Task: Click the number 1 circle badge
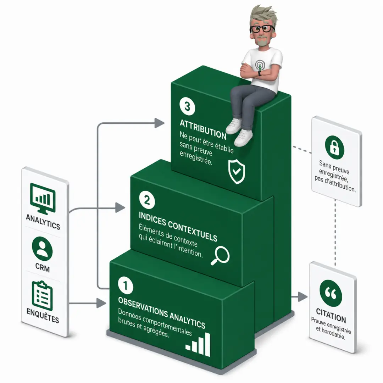[126, 285]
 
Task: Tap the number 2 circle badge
[147, 200]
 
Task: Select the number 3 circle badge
[187, 106]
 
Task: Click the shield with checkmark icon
[237, 172]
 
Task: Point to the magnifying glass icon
[220, 255]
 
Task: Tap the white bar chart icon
[198, 344]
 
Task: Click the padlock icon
[334, 147]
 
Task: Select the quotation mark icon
[331, 293]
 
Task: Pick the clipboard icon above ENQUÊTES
[42, 296]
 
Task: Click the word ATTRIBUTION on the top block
[203, 129]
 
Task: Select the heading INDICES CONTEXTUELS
[178, 227]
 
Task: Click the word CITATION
[331, 316]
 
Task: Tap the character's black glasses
[262, 29]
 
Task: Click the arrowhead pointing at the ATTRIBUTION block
[159, 123]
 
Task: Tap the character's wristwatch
[259, 73]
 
